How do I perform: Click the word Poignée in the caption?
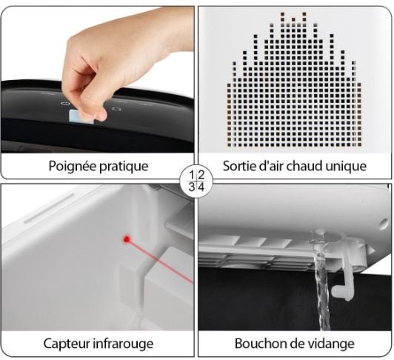click(x=73, y=167)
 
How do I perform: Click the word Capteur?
click(x=67, y=344)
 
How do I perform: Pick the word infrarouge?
click(x=123, y=344)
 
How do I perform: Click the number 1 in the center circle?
click(x=193, y=175)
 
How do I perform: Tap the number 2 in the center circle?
click(x=201, y=175)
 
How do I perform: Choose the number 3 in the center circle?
click(x=192, y=187)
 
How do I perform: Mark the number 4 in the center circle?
click(x=201, y=187)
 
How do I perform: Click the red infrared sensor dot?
click(x=127, y=239)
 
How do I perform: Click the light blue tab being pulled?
click(x=81, y=117)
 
